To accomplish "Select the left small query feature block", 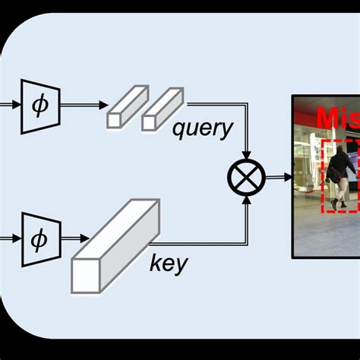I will pos(122,111).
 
